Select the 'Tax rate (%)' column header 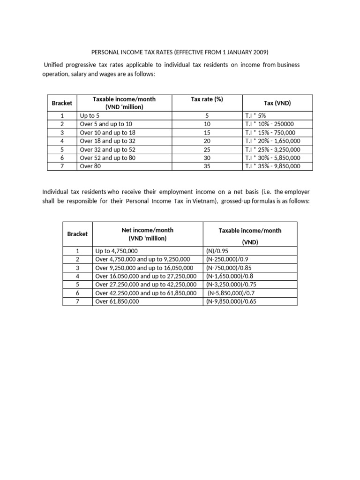tap(207, 99)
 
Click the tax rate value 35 tap(207, 166)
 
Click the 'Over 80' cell tap(90, 166)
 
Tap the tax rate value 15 tap(207, 132)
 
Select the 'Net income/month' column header tap(147, 230)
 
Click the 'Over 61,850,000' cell tap(117, 301)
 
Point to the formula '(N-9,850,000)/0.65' tap(232, 301)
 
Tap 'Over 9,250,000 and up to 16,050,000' tap(146, 268)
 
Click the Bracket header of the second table tap(77, 234)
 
